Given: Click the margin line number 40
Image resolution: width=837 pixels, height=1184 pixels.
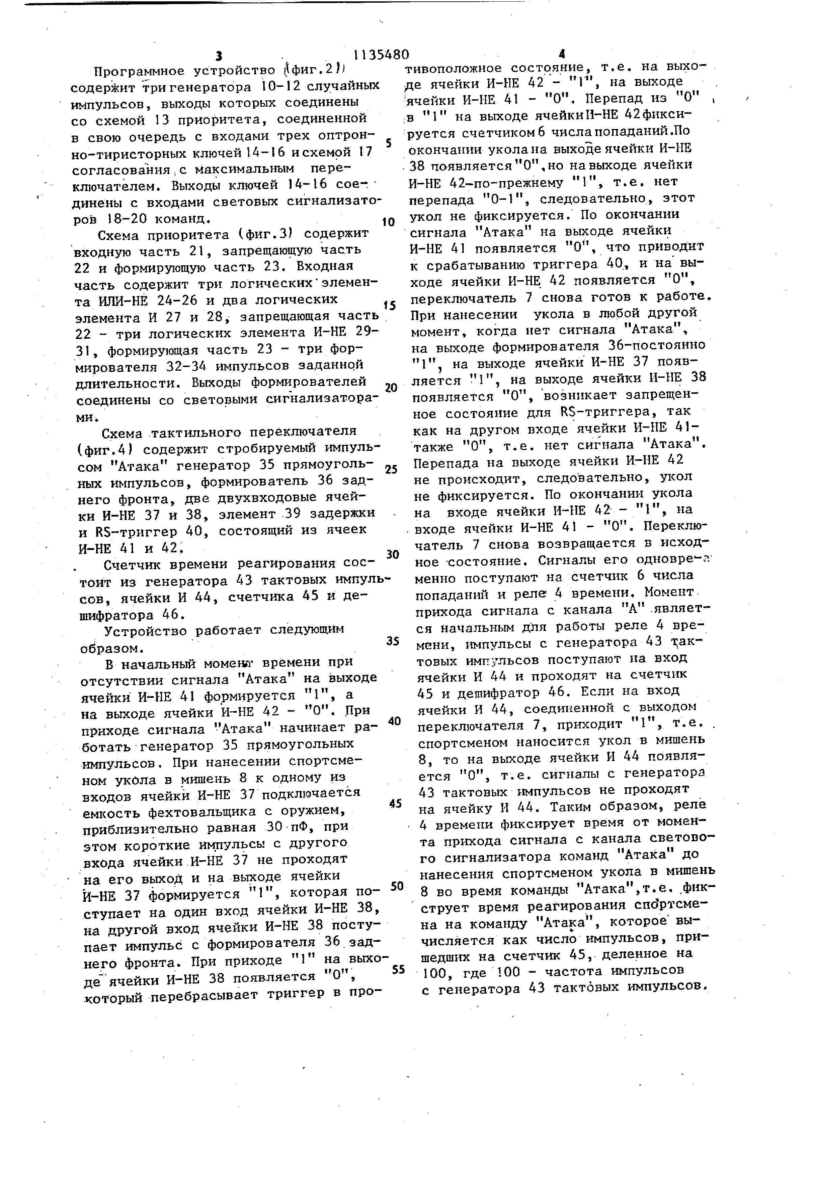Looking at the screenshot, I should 394,721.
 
